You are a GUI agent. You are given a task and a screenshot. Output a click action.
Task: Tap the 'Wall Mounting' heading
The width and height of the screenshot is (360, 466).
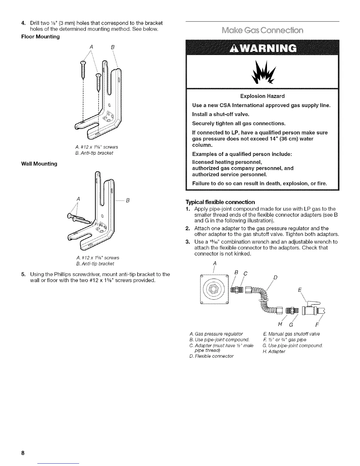pos(39,164)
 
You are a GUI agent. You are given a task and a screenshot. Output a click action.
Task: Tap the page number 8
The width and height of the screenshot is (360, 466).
pos(22,453)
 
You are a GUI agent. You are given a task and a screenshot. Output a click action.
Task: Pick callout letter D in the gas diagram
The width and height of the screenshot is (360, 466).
pos(275,278)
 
